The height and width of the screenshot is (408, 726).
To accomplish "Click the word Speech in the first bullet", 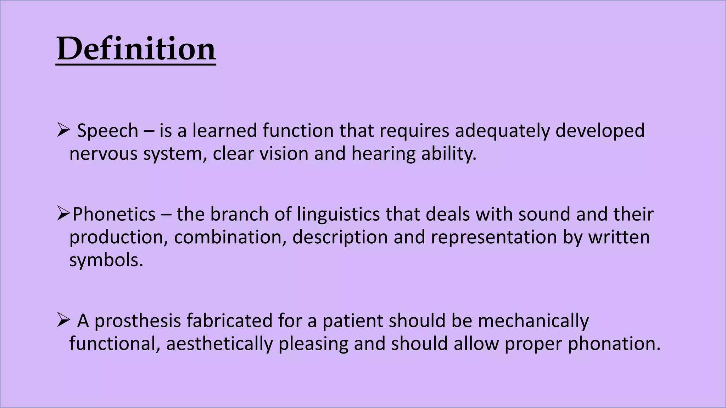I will (107, 131).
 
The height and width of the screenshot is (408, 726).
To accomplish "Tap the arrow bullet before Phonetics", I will (63, 214).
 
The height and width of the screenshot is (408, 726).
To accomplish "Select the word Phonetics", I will (114, 214).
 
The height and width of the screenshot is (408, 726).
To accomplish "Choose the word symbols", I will (106, 260).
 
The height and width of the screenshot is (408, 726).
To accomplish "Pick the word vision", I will (284, 154).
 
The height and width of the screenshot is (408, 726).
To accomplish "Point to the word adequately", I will (502, 131).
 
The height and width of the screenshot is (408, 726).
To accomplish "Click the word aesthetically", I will (219, 344).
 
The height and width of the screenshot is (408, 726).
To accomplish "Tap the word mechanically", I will (533, 321).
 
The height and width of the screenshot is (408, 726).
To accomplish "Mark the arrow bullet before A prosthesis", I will (63, 320).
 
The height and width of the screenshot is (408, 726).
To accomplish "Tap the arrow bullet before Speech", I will (63, 130).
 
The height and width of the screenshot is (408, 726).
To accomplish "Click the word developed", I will (600, 131).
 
